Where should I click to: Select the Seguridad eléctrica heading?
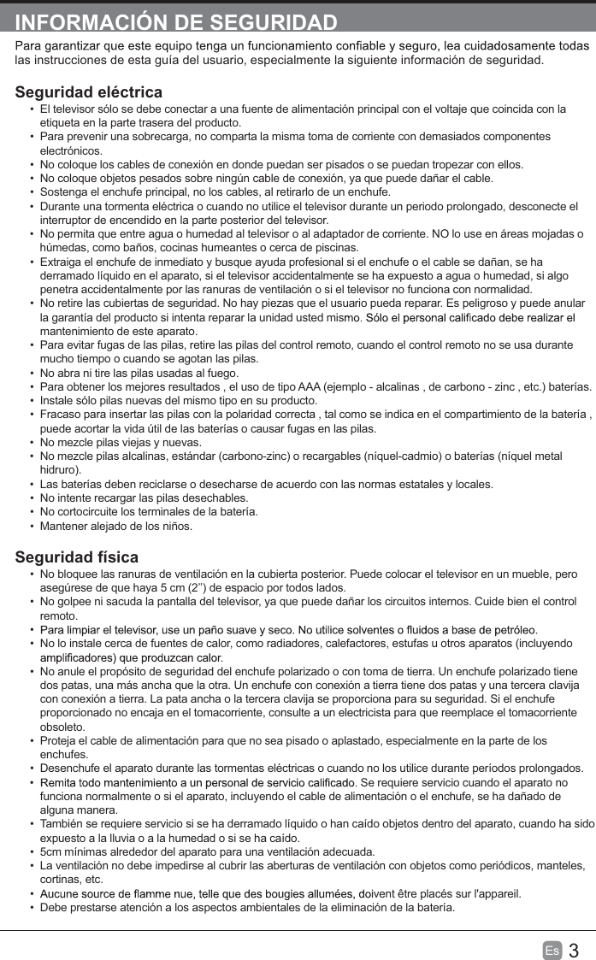pyautogui.click(x=89, y=92)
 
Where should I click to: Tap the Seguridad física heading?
pyautogui.click(x=77, y=557)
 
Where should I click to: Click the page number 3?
pyautogui.click(x=574, y=951)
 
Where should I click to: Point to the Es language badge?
pyautogui.click(x=552, y=951)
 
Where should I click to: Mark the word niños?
pyautogui.click(x=173, y=526)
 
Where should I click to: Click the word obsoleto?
pyautogui.click(x=64, y=727)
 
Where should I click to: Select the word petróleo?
pyautogui.click(x=515, y=630)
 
